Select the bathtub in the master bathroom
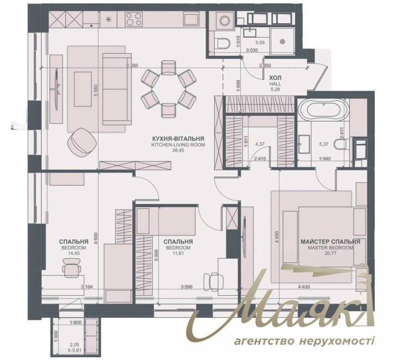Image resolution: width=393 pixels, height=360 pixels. coord(322,111)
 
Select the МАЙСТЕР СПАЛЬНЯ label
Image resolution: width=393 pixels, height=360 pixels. coord(330,242)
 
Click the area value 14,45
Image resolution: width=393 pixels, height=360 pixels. coord(74,254)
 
